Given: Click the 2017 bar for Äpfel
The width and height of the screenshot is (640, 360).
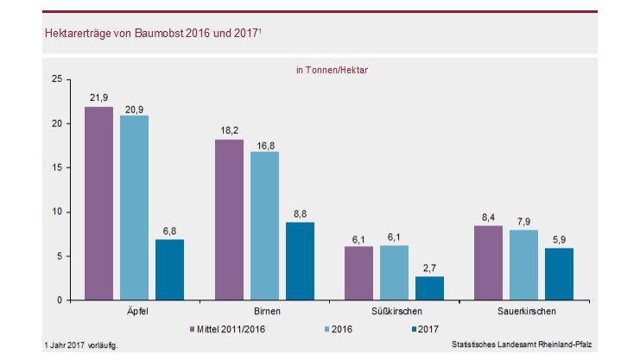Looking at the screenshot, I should [x=169, y=269].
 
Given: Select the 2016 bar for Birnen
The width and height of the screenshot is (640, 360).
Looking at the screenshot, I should [x=264, y=225].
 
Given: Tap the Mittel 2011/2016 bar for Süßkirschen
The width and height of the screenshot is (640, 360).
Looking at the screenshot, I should [x=358, y=273].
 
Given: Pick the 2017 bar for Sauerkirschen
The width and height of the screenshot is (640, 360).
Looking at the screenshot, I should [x=560, y=274].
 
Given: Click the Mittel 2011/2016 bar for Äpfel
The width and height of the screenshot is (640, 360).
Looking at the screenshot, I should [x=98, y=203].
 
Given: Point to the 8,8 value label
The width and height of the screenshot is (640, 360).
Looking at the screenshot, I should [x=301, y=213].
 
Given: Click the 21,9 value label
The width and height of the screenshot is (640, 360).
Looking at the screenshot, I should [x=98, y=98].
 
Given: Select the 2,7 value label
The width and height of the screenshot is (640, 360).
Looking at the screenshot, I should [x=430, y=268].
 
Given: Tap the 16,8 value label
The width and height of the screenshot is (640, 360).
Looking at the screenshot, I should [x=264, y=142].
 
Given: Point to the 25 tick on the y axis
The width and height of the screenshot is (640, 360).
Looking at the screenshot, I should [x=56, y=79].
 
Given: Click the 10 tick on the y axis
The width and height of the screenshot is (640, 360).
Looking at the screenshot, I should [x=56, y=212].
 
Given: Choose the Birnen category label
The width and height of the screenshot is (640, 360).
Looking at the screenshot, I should [x=264, y=311].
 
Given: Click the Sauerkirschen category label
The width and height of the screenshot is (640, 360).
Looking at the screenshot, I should [x=524, y=311].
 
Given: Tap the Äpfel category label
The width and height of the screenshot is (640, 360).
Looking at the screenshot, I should [x=135, y=311].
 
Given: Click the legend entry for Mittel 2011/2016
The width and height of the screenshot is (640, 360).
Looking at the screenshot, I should [x=228, y=329].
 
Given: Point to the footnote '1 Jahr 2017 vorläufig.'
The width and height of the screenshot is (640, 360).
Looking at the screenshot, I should [x=79, y=345].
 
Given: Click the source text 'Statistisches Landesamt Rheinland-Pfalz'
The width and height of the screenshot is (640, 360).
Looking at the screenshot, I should [x=525, y=345].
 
